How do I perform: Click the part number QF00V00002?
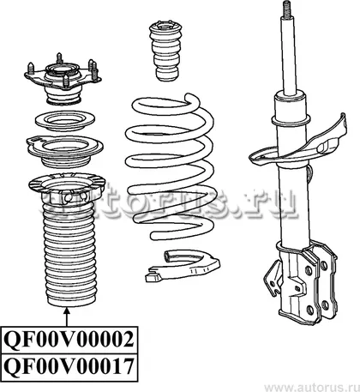69,340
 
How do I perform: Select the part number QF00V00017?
69,366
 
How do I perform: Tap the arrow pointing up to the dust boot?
67,317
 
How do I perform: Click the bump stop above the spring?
165,51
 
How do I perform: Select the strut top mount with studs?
63,79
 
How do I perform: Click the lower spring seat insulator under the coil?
183,266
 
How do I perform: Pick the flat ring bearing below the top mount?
65,122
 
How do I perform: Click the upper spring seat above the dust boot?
64,152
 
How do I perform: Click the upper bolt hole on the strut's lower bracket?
309,270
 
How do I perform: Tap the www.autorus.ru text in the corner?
311,388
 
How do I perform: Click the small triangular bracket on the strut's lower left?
273,280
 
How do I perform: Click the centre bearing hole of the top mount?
62,69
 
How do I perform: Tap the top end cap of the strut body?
289,97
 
